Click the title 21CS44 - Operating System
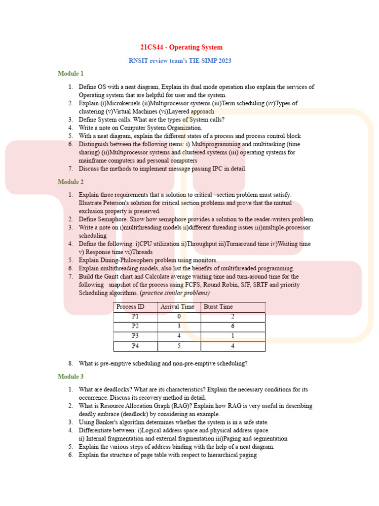tap(181, 47)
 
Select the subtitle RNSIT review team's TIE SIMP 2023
tap(180, 61)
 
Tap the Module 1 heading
tap(71, 74)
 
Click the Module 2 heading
tap(71, 182)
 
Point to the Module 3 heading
tap(71, 377)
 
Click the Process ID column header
tap(130, 307)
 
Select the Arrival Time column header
tap(177, 307)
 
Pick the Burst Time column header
tap(218, 307)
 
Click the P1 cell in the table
tap(135, 317)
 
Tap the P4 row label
tap(135, 346)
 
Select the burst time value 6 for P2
tap(232, 326)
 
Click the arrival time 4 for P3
tap(178, 336)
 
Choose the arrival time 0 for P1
tap(178, 317)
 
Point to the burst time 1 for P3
tap(232, 336)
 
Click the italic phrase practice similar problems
tap(171, 293)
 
